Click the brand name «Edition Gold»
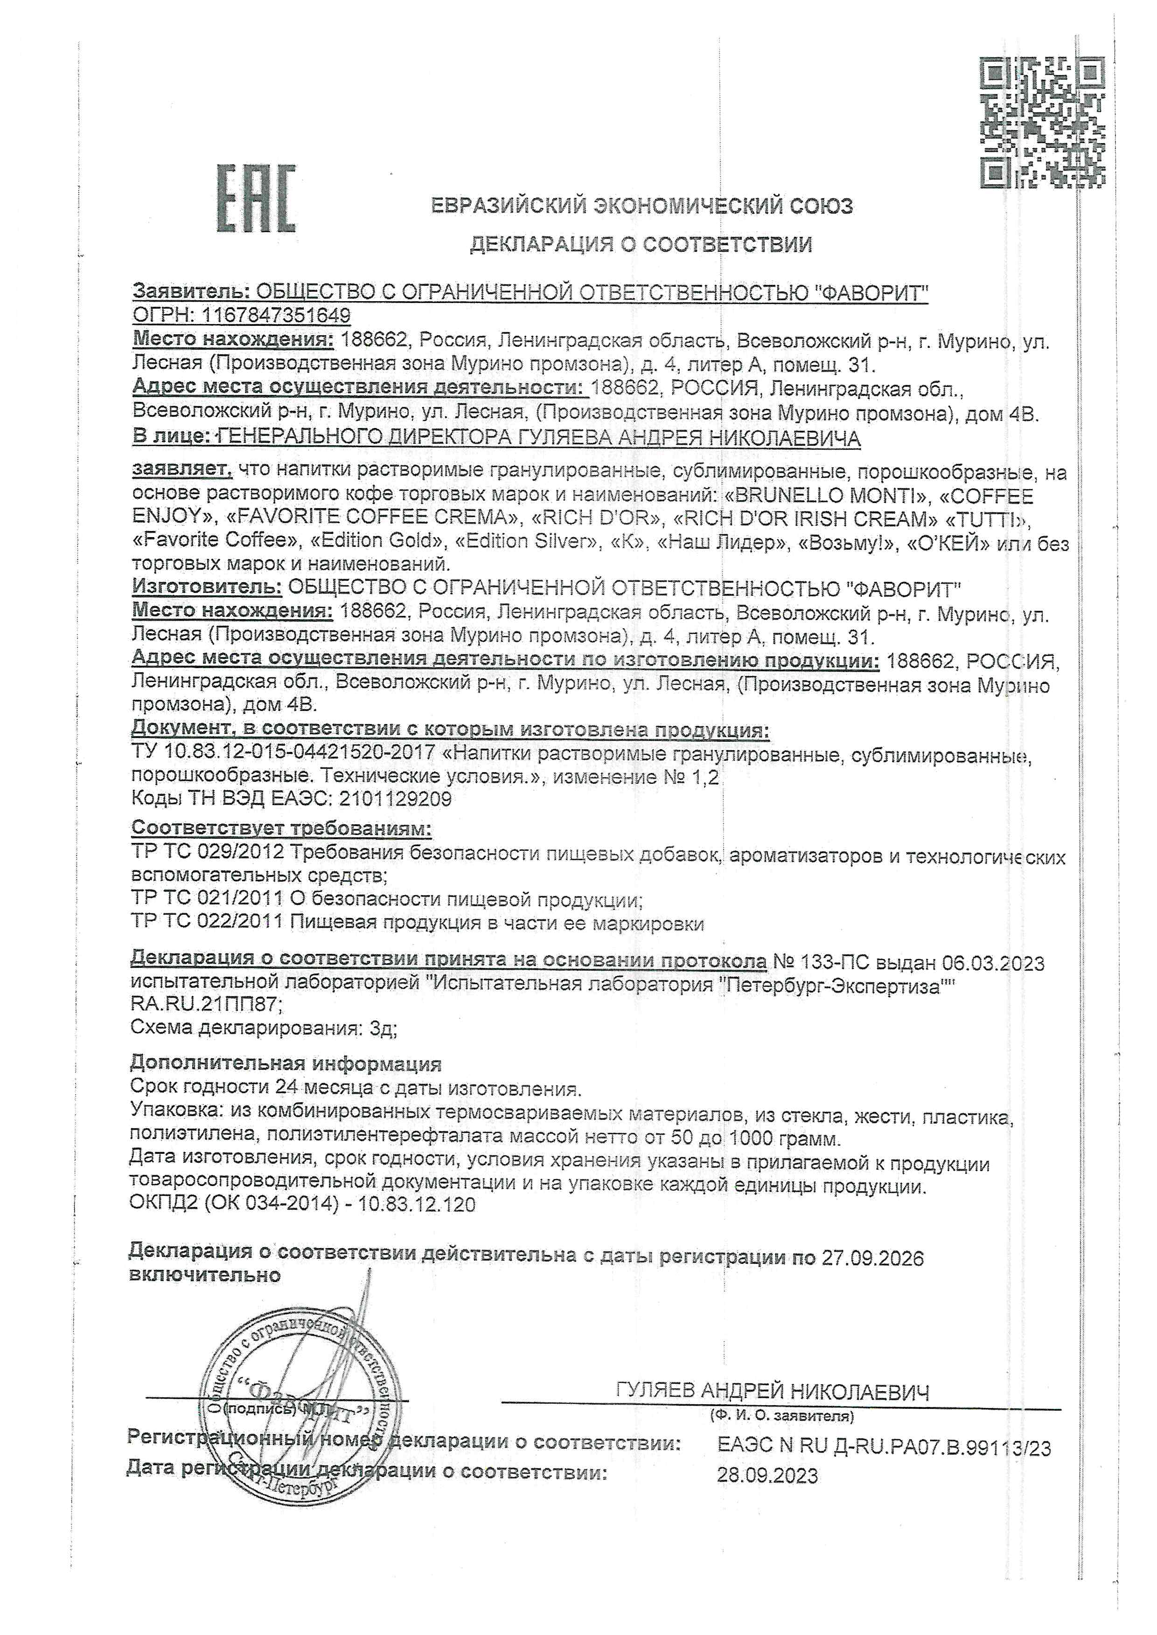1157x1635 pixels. (378, 541)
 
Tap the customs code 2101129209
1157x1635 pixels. (396, 799)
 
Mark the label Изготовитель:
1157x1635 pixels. (207, 588)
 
